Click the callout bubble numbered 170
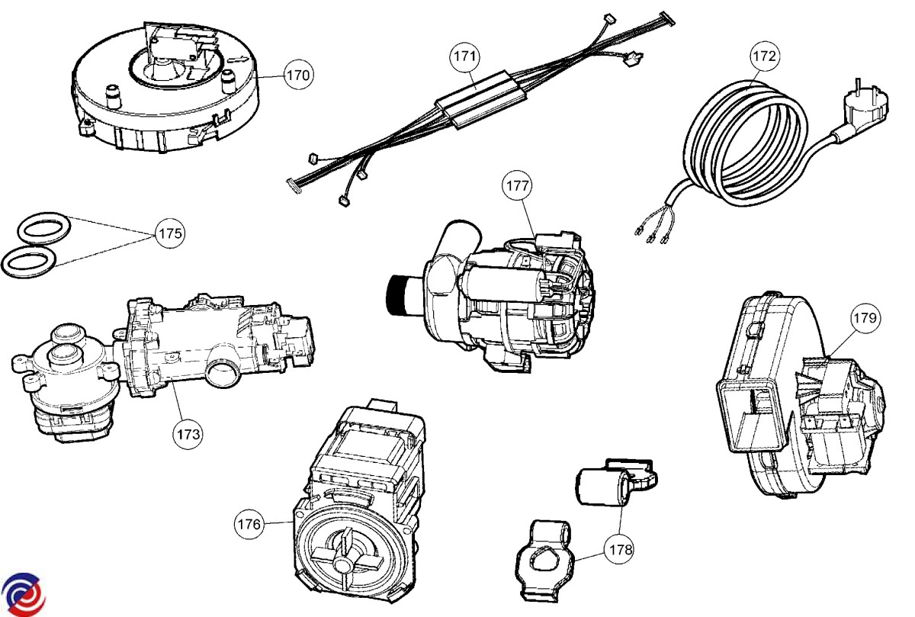[x=298, y=75]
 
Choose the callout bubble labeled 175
[x=169, y=233]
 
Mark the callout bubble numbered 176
[x=249, y=524]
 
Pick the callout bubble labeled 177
[x=517, y=185]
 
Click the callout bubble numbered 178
[x=618, y=548]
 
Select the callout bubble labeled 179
[x=864, y=317]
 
